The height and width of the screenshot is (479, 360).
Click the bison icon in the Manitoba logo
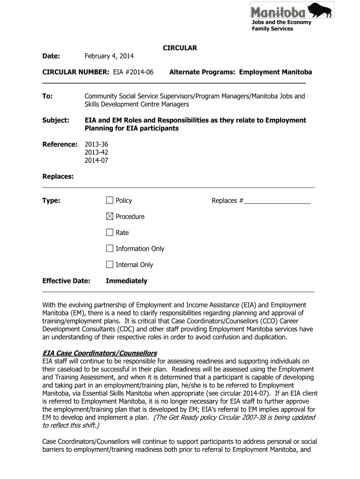[320, 10]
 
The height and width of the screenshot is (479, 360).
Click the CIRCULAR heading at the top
[180, 48]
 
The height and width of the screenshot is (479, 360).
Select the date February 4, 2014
[109, 56]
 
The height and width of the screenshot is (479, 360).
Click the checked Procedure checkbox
[110, 216]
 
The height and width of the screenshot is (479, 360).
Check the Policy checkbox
[110, 200]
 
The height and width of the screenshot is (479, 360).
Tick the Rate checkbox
[110, 232]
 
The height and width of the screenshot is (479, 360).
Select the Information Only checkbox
[110, 248]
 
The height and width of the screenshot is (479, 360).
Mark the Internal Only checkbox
[110, 264]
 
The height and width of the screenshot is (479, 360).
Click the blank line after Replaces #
[277, 202]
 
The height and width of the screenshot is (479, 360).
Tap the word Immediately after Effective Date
[126, 281]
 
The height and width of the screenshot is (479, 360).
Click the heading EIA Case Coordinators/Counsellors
[100, 353]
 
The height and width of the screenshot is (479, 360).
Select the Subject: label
[56, 120]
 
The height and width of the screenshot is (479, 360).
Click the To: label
[48, 96]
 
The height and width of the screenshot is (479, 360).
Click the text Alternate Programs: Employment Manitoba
[240, 72]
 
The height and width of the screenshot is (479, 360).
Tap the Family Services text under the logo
[272, 29]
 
